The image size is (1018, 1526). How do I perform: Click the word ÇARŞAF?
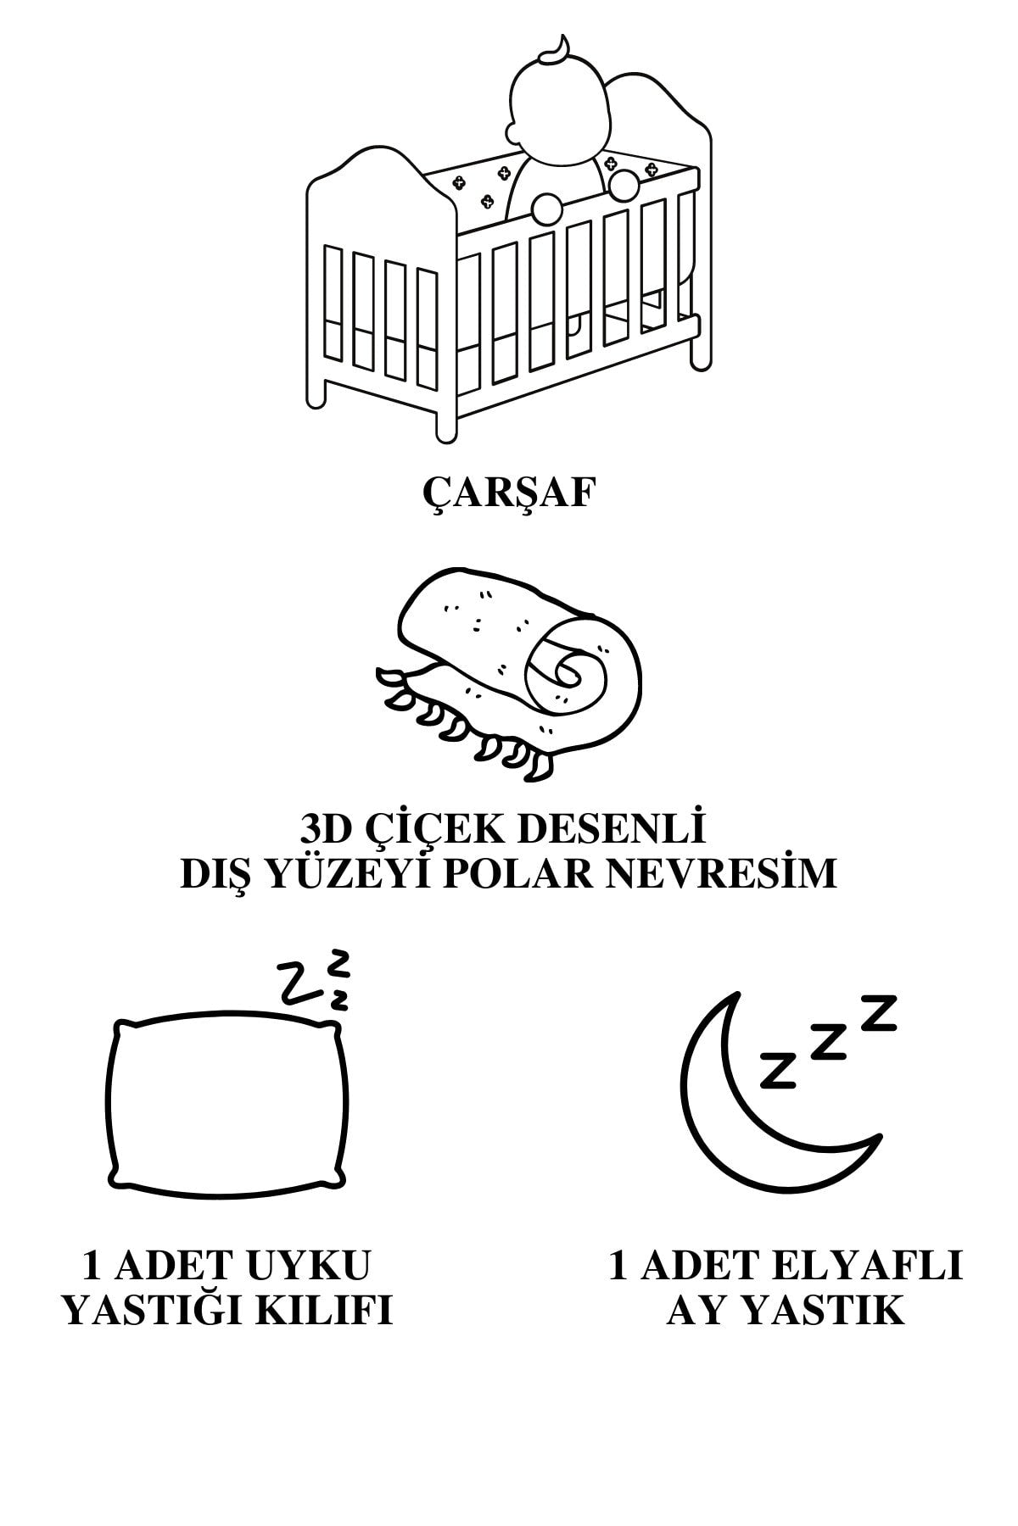click(508, 493)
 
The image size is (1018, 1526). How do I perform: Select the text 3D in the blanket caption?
click(329, 829)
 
